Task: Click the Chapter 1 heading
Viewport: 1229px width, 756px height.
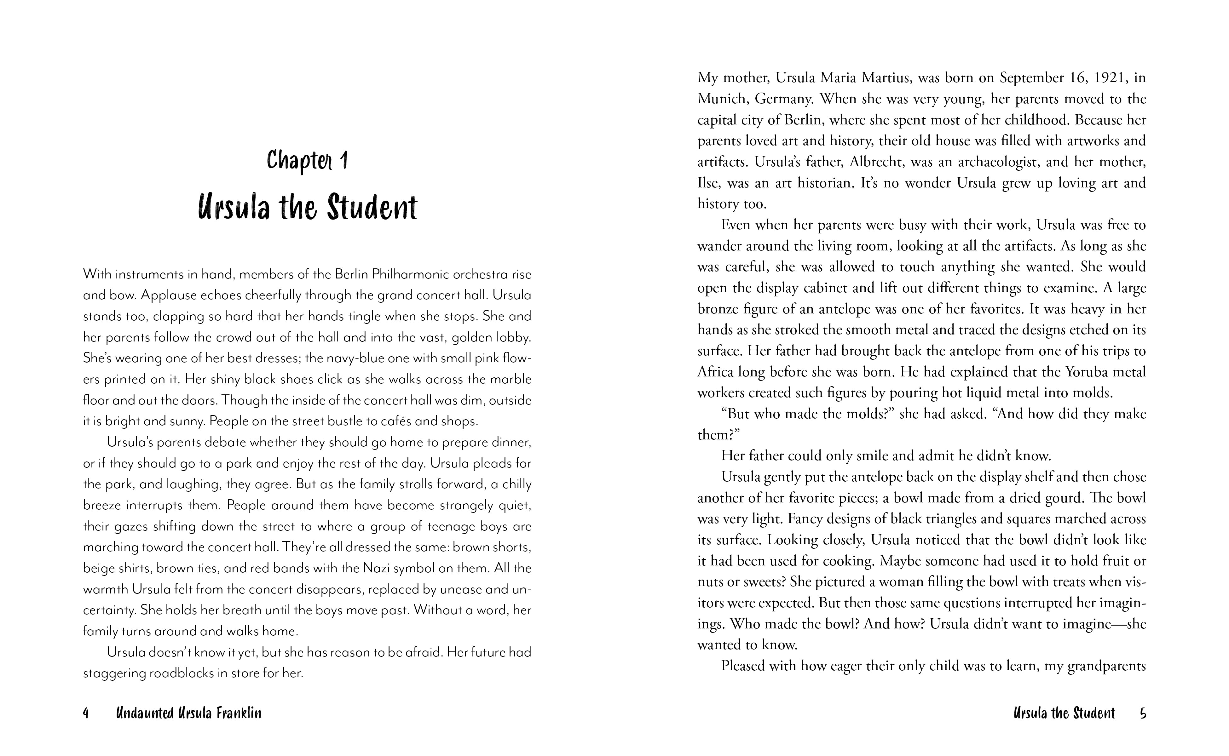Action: coord(307,161)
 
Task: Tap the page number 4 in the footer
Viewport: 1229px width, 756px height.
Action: coord(85,713)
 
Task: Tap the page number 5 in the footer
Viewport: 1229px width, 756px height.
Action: coord(1142,713)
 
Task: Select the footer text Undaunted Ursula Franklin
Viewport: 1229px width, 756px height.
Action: coord(188,713)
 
